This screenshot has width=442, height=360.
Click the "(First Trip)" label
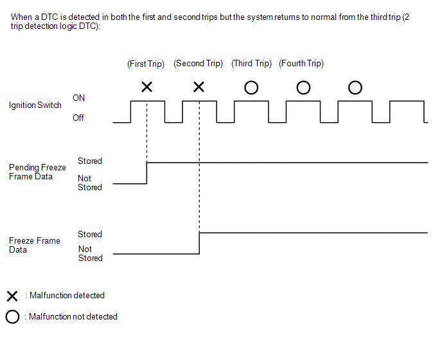point(146,64)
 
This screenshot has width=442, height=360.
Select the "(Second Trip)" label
point(198,64)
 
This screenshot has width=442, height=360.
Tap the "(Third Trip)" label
point(251,64)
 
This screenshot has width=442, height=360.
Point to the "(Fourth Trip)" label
point(301,64)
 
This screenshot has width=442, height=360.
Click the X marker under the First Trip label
point(146,87)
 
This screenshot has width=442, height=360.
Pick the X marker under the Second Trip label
point(199,87)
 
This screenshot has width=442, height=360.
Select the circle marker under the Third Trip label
point(251,87)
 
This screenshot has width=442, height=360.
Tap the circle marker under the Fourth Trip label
point(303,87)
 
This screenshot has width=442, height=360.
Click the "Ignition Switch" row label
point(35,105)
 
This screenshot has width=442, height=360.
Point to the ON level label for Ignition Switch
point(78,98)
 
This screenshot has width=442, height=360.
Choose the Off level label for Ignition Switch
point(78,118)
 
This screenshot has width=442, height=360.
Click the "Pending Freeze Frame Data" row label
point(37,172)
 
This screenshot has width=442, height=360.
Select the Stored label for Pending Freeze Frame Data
point(90,161)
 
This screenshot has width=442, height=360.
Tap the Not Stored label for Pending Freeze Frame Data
point(90,183)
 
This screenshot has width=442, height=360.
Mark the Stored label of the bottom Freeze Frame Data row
point(90,235)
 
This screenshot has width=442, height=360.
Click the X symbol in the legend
point(12,296)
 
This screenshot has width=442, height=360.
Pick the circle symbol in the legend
point(12,317)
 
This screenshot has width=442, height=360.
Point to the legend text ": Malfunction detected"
point(65,296)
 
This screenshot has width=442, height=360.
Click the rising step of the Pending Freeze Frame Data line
point(146,173)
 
